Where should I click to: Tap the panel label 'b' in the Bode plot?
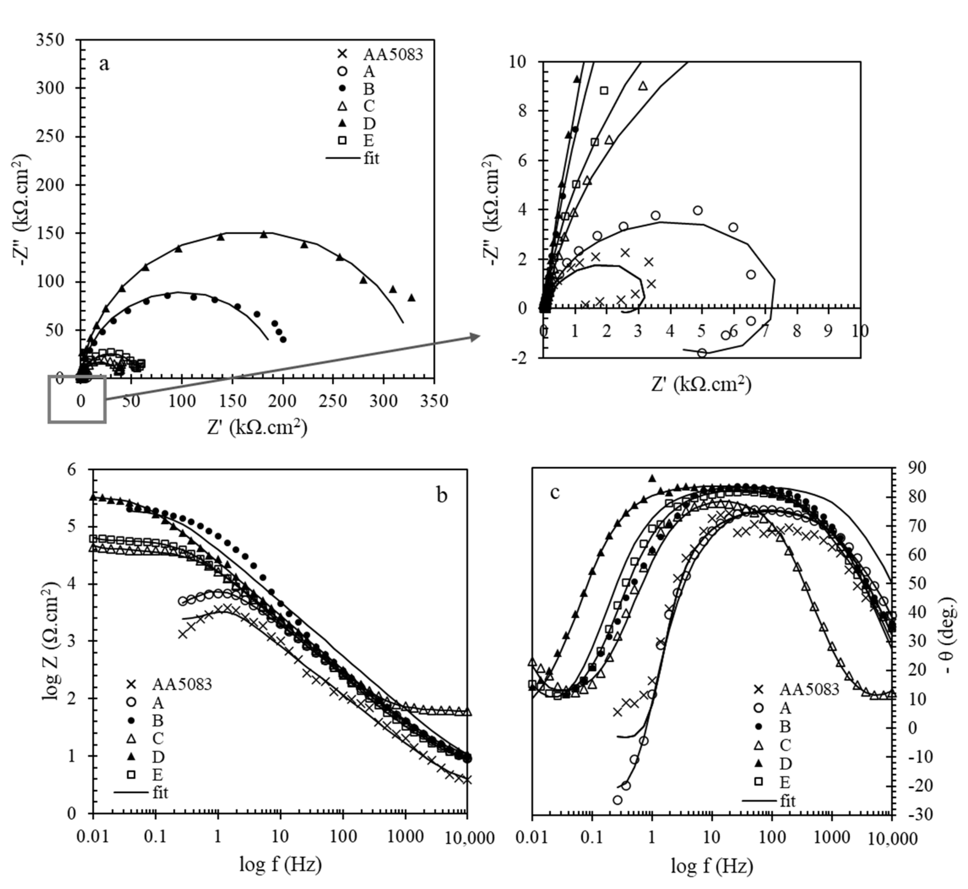442,495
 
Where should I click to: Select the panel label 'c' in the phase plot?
555,492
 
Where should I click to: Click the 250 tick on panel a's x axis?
333,401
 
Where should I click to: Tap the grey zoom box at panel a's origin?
77,399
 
